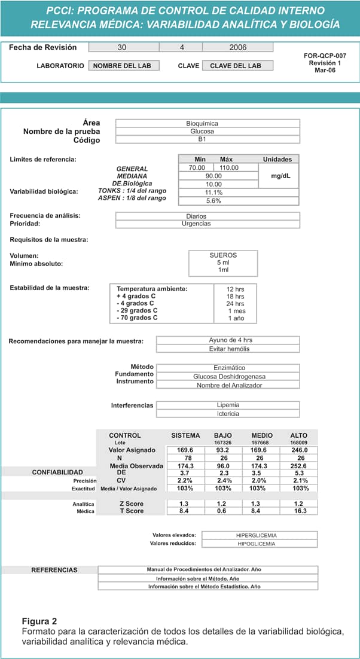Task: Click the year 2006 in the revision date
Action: tap(237, 47)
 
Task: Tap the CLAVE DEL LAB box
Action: tap(237, 66)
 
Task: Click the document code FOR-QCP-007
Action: tap(325, 56)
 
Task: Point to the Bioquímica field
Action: tap(207, 123)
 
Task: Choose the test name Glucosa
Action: tap(207, 131)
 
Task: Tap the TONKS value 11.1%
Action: tap(213, 193)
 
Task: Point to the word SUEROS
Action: tap(223, 255)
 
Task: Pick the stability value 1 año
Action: tap(235, 318)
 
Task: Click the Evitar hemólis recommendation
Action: tap(230, 349)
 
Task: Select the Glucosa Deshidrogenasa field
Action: tap(229, 377)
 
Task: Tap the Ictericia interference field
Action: tap(228, 413)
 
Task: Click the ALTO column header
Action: tap(299, 435)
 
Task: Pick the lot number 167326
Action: tap(223, 443)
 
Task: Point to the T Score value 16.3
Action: tap(301, 511)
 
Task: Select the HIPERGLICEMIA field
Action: tap(256, 535)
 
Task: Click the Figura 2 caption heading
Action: tap(39, 621)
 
